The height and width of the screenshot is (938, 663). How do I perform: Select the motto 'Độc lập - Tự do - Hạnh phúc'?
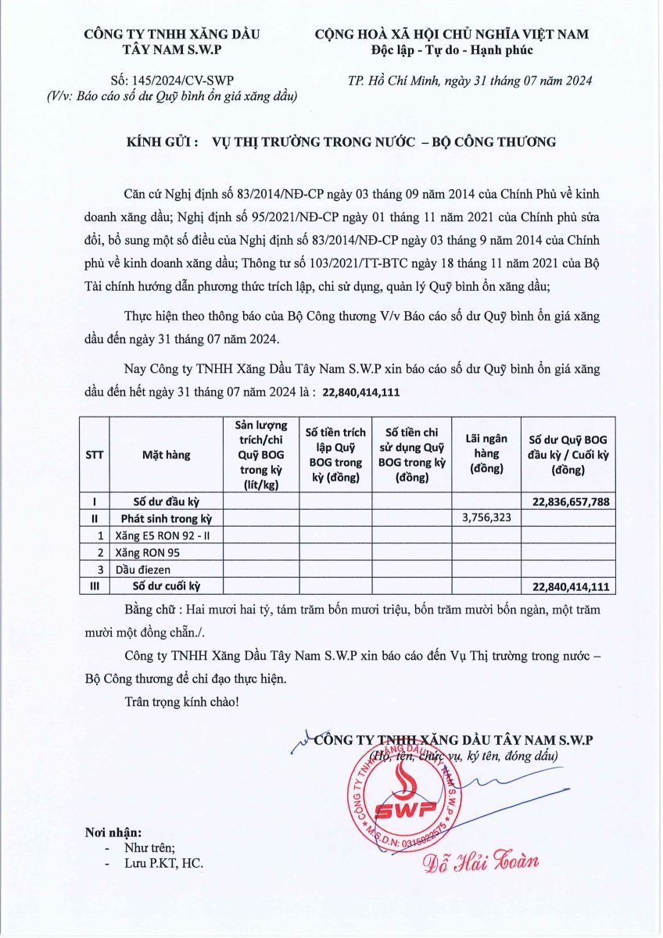click(x=451, y=51)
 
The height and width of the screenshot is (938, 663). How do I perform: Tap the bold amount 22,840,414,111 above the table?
click(x=360, y=393)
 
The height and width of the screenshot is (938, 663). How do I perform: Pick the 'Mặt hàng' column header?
click(x=166, y=453)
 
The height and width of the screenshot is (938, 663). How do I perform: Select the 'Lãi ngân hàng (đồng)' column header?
click(x=486, y=453)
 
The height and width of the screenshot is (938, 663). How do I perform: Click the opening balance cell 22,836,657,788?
click(x=571, y=502)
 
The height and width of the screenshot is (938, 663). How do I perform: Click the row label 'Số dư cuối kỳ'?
click(x=167, y=585)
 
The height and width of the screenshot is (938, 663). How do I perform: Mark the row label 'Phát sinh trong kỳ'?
click(x=167, y=518)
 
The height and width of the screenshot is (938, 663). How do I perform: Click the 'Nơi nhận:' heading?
click(x=113, y=832)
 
